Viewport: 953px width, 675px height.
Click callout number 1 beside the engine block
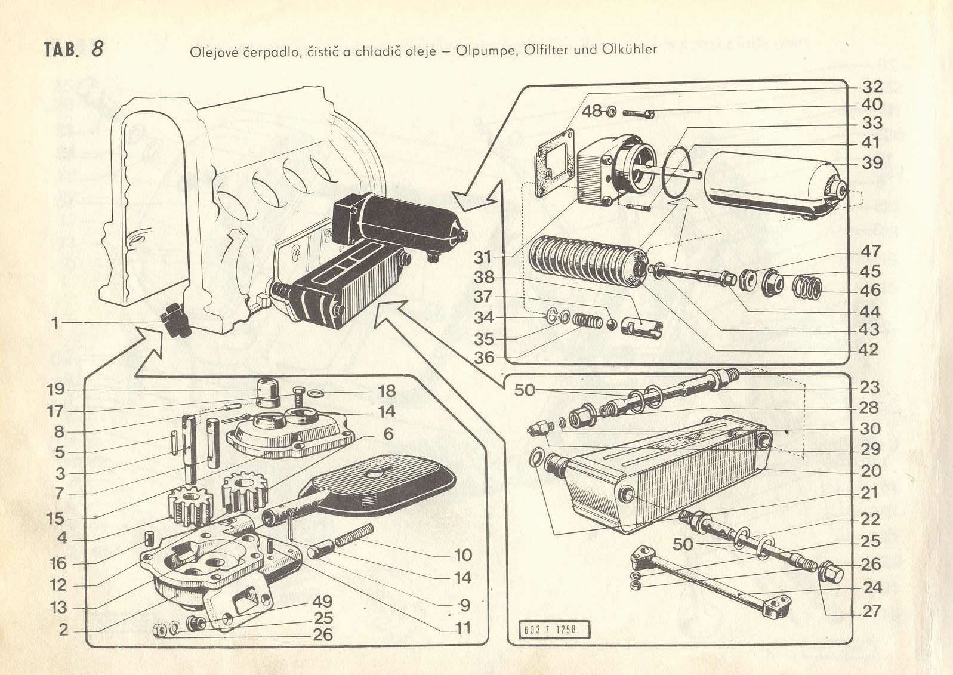coord(55,323)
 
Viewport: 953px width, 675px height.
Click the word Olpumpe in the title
coord(483,50)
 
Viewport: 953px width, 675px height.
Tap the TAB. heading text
coord(61,49)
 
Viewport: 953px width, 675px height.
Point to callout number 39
coord(871,162)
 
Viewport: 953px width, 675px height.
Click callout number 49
coord(322,601)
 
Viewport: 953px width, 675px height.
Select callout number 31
coord(482,257)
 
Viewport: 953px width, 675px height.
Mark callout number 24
coord(872,588)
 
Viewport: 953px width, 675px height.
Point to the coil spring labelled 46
coord(807,287)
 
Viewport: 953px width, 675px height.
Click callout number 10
coord(463,555)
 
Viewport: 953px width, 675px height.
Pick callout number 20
coord(871,471)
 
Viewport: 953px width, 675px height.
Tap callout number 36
coord(484,357)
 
